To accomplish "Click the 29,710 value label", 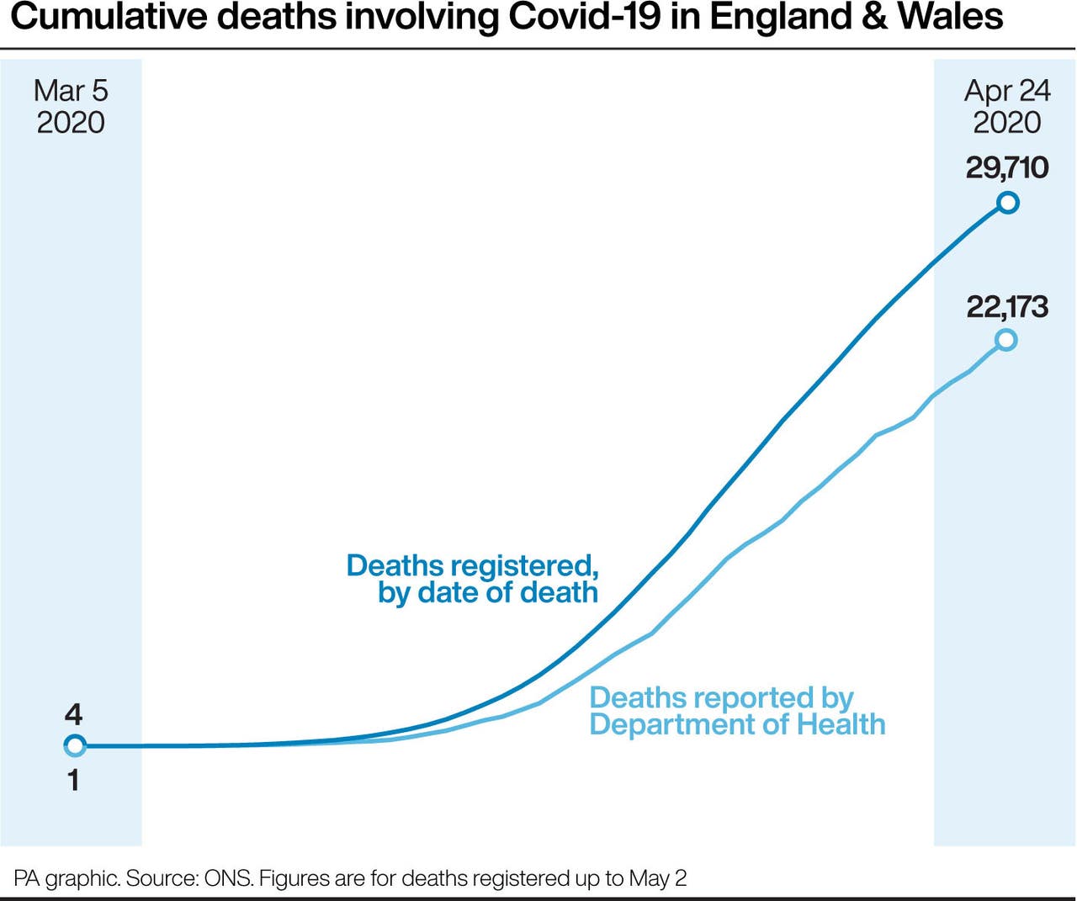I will tap(1007, 167).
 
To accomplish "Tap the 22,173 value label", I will tap(1007, 306).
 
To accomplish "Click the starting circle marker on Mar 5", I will tap(75, 745).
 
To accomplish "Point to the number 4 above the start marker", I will tap(73, 714).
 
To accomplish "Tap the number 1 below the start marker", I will tap(73, 780).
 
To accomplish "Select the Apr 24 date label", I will tap(1007, 91).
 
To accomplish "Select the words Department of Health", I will tap(737, 724).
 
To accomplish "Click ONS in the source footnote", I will tap(228, 878).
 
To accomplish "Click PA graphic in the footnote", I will tap(66, 878).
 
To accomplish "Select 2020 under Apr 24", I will tap(1007, 123).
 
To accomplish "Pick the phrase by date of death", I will tap(488, 593).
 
